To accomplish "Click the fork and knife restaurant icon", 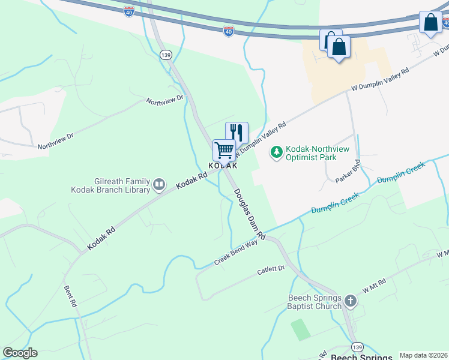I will point(237,133).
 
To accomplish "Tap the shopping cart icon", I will point(224,149).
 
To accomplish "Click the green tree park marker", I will point(277,153).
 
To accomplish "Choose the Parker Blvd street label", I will point(348,171).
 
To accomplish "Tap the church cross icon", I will point(351,302).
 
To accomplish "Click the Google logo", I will point(20,353).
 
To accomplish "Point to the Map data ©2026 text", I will point(423,355).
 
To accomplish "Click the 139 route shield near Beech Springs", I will point(357,347).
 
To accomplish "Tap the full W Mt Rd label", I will point(376,286).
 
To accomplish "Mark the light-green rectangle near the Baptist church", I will point(300,329).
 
